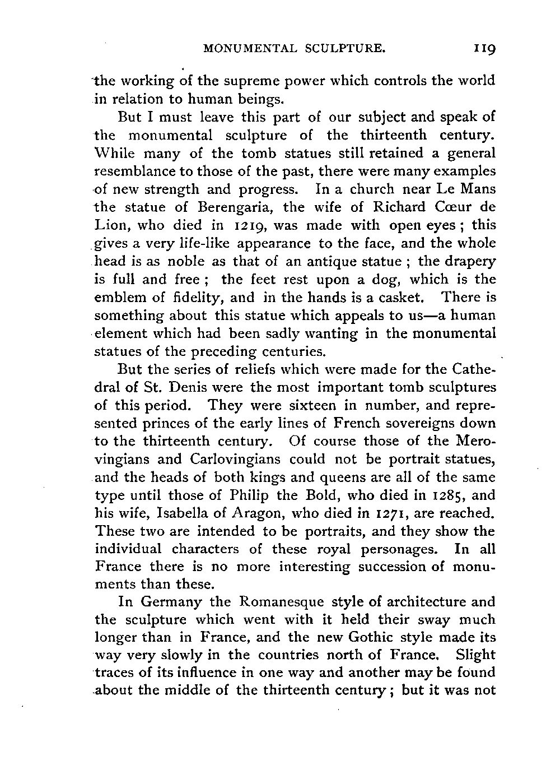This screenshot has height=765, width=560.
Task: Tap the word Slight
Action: pos(476,655)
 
